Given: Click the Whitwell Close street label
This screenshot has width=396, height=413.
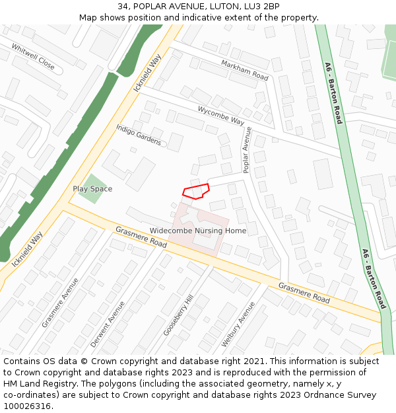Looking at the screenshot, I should tap(33, 57).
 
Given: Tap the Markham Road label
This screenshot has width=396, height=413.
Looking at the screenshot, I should tap(245, 70).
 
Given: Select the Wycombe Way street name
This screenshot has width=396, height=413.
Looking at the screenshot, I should tap(220, 116).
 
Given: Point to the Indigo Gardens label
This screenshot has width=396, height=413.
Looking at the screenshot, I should tap(139, 135).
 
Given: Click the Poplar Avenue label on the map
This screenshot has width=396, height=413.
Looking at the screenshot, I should tap(247, 151).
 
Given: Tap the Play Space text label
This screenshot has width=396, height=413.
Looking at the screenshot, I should tap(92, 189).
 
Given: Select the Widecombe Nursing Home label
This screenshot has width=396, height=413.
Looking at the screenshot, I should tap(198, 231).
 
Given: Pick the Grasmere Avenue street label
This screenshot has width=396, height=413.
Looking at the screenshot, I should tap(60, 302).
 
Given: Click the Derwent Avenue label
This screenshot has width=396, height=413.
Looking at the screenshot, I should tap(108, 324).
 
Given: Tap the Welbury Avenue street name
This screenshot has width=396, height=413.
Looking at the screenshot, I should tap(238, 324).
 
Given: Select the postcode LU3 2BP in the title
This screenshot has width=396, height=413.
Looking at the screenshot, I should tap(263, 7).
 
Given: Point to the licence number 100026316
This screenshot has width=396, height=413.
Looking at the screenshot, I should tap(27, 406).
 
